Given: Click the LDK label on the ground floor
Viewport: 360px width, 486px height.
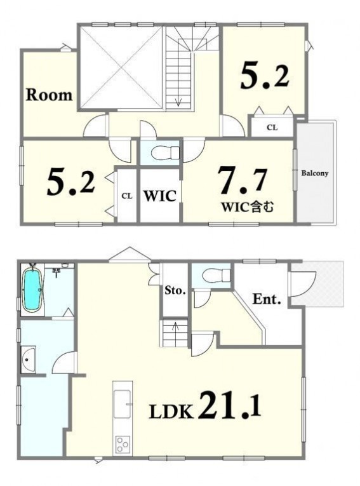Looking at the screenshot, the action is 171,412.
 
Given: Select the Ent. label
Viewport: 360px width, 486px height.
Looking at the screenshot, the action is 267,299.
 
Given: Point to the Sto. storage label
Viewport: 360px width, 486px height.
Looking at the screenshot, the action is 175,291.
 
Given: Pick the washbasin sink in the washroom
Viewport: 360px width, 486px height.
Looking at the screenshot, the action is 29,360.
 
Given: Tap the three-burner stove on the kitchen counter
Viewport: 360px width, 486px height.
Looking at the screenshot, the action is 123,445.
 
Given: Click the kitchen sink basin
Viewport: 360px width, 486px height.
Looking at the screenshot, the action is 123,404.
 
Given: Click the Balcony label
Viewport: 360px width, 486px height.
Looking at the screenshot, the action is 315,173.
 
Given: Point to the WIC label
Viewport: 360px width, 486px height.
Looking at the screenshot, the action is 159,196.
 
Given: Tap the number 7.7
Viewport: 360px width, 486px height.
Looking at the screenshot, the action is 242,179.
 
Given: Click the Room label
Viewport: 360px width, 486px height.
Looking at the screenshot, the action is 50,95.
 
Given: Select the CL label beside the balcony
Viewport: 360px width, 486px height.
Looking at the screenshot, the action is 272,128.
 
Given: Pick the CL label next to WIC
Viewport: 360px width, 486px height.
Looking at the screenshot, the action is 127,196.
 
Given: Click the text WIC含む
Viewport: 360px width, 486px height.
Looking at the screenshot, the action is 247,206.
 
